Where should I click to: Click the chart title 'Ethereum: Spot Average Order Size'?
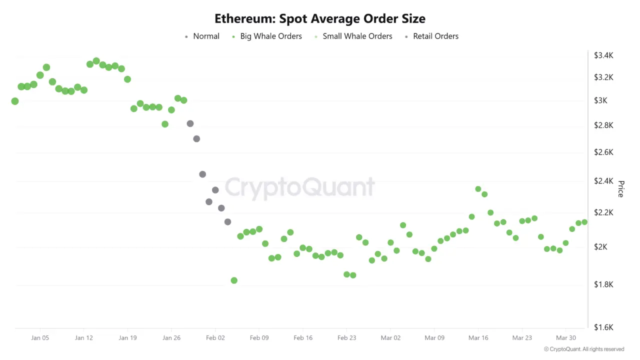(x=320, y=19)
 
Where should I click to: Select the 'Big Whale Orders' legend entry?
(x=270, y=36)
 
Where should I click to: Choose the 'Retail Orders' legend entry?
(x=435, y=36)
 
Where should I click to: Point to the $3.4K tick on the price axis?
(x=603, y=55)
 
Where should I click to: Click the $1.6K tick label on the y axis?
(x=603, y=327)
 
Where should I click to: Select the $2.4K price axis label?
(x=603, y=181)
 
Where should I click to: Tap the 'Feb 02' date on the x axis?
(x=215, y=338)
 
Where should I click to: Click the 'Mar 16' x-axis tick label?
(x=478, y=338)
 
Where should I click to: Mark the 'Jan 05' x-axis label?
(x=40, y=338)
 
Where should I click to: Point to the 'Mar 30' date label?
(x=565, y=338)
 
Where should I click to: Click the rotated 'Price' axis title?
(x=621, y=189)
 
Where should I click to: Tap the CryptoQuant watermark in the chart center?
(x=299, y=187)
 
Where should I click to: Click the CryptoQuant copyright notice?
(x=584, y=349)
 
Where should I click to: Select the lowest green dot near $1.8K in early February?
(x=234, y=280)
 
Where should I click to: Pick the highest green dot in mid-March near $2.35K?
(x=478, y=189)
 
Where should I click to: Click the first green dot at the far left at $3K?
(x=15, y=101)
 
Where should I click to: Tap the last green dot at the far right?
(x=584, y=222)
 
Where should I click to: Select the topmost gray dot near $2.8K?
(x=190, y=123)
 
